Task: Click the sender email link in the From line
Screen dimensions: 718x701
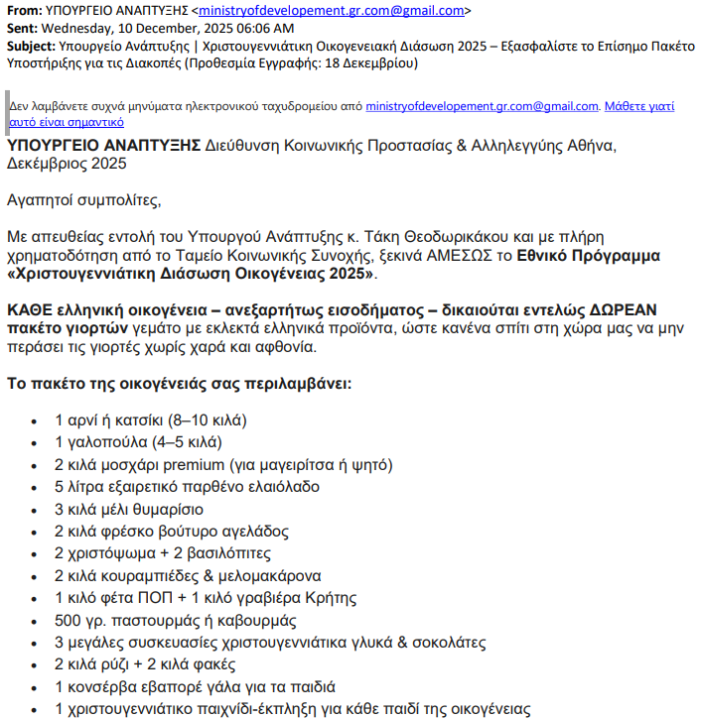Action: [x=330, y=10]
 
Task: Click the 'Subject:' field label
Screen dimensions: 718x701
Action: [x=30, y=46]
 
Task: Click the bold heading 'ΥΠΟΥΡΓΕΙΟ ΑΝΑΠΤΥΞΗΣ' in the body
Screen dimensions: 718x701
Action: [x=103, y=145]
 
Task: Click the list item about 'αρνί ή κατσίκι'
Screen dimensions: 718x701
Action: [x=150, y=419]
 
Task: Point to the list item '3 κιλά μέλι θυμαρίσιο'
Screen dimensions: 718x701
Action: [x=129, y=510]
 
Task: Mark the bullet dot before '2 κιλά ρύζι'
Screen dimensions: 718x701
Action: [x=35, y=665]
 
